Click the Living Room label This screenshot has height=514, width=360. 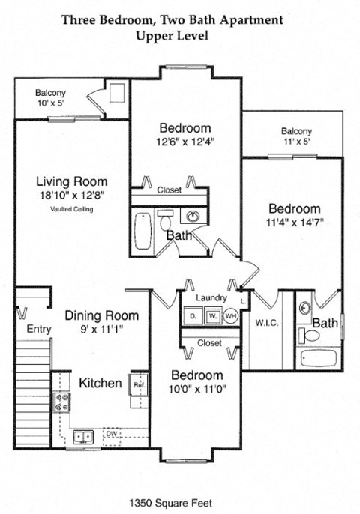(x=72, y=181)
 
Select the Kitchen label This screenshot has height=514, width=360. (x=100, y=383)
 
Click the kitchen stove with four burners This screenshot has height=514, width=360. (x=61, y=404)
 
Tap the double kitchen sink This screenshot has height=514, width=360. (x=83, y=435)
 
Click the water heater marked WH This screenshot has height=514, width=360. (x=230, y=316)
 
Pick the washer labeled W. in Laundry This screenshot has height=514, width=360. (x=211, y=316)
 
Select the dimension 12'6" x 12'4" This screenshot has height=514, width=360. (x=185, y=141)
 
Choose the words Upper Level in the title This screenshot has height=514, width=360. (x=172, y=34)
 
